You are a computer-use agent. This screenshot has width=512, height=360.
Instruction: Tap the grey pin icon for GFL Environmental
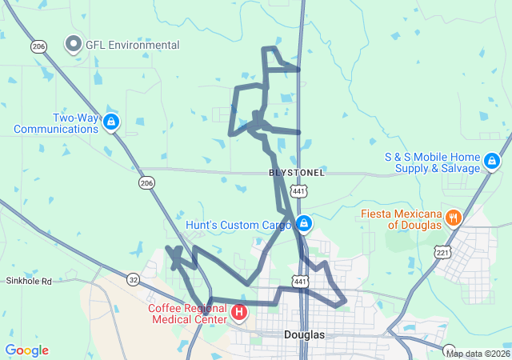[74, 45]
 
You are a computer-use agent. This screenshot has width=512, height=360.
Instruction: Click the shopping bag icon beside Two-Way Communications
[111, 122]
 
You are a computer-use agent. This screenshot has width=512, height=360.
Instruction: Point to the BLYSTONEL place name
[296, 173]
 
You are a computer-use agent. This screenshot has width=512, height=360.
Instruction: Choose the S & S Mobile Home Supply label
[432, 162]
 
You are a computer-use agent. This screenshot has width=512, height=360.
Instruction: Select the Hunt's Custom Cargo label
[238, 225]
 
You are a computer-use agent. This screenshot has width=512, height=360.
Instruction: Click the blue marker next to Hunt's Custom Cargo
[303, 223]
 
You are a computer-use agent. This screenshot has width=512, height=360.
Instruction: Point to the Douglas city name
[304, 334]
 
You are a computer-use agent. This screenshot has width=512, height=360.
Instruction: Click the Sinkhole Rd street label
[29, 282]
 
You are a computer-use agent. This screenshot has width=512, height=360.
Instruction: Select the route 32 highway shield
[133, 279]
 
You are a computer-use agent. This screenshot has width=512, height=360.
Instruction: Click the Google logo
[26, 350]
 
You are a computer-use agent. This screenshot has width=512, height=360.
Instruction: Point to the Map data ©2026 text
[477, 354]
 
